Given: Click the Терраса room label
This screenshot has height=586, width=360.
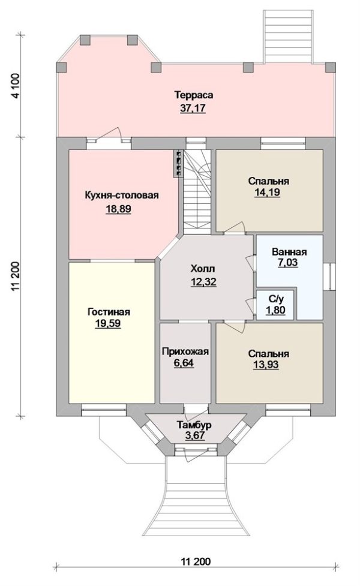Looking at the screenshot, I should [194, 95].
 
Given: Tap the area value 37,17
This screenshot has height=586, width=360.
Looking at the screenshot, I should [194, 109].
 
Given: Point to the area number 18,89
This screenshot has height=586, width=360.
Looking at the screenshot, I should [118, 209].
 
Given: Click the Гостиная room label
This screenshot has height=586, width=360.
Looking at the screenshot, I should [109, 312].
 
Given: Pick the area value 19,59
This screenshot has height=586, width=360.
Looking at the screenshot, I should [109, 324].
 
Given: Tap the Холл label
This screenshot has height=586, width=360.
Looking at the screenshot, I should [203, 269].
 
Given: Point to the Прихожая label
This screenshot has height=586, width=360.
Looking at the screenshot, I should [185, 352].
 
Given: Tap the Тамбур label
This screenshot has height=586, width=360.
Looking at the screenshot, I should [194, 425].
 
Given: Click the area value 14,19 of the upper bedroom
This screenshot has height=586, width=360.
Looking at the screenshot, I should [268, 193].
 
